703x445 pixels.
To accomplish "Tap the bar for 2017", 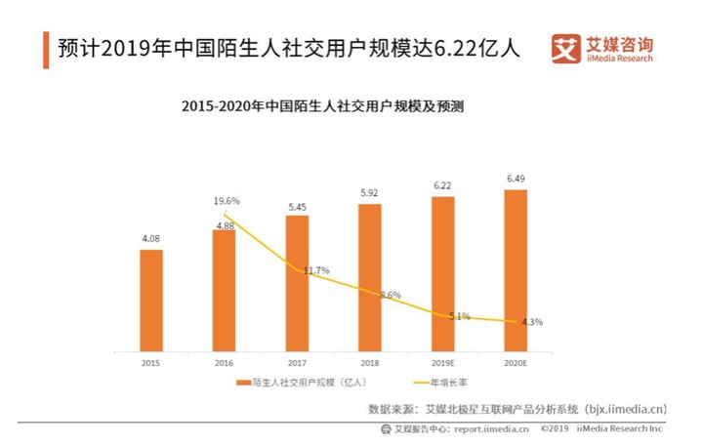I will [297, 283].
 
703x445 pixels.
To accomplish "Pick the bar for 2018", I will [370, 277].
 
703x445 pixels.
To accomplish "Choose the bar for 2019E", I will [442, 273].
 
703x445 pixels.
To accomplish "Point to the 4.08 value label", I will [151, 237].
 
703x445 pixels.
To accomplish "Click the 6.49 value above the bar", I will [516, 179].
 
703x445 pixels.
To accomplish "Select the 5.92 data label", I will [370, 192].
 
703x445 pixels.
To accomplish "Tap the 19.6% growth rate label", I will [227, 201].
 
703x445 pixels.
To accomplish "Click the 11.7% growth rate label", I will [315, 270].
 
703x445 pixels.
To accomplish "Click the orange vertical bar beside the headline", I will [46, 48].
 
